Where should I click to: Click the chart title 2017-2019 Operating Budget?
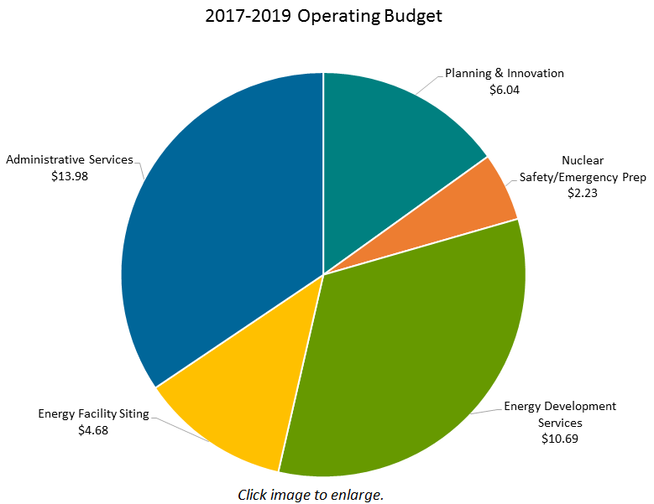(323, 16)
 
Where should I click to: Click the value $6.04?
(505, 89)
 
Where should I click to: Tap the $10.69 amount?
(560, 438)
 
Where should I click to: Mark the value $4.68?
(93, 430)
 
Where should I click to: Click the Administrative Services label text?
(70, 159)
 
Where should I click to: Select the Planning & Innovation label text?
(505, 73)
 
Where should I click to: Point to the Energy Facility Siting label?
(93, 413)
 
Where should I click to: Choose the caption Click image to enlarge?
(311, 494)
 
